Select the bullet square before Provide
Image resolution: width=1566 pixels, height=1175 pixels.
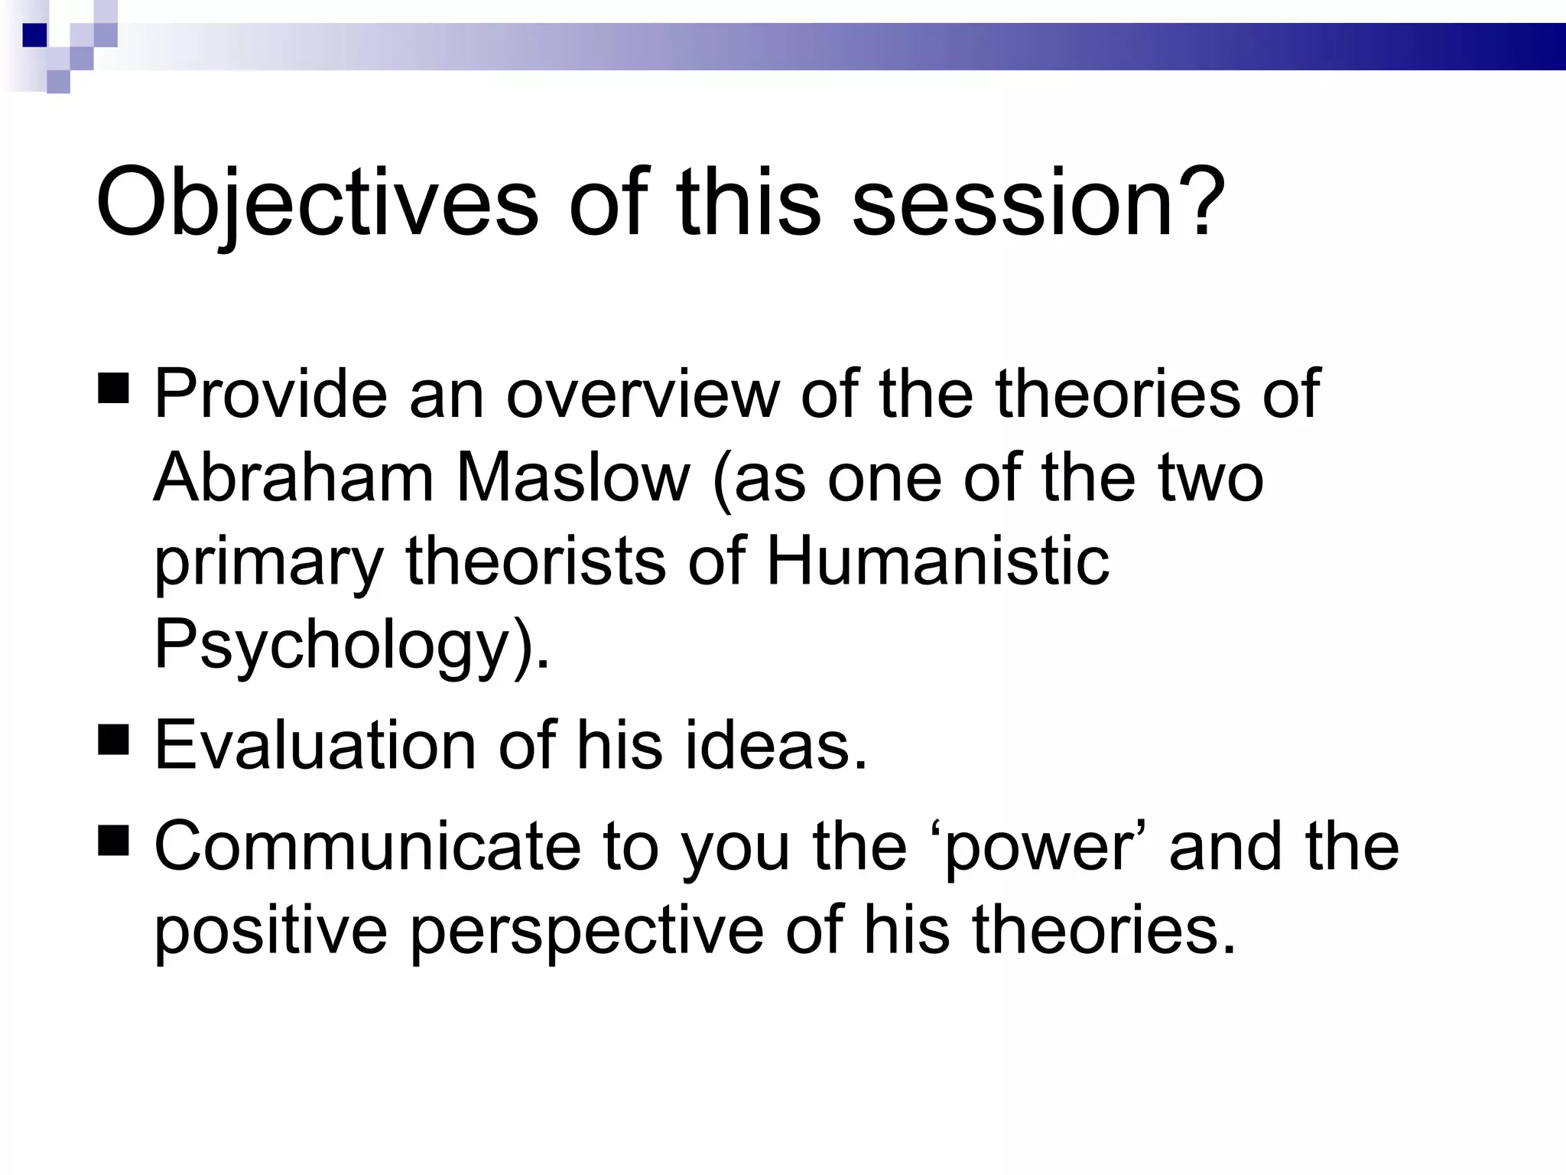click(114, 387)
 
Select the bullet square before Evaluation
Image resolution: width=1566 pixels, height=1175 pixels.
click(114, 739)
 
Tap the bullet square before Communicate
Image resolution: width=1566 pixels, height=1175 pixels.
click(114, 839)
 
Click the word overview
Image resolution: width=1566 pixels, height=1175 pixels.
click(642, 393)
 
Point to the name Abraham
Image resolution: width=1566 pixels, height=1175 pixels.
click(294, 477)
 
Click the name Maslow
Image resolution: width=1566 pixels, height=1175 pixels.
click(573, 477)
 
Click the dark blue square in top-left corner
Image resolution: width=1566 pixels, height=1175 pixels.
click(34, 35)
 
